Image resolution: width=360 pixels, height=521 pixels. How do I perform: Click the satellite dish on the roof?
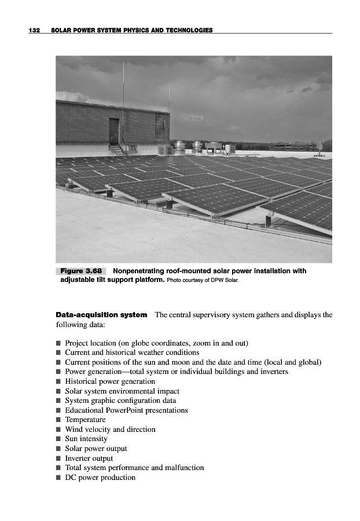click(x=319, y=145)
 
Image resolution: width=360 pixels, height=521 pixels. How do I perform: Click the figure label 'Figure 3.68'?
click(x=81, y=271)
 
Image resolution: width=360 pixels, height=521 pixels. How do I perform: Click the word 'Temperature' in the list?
click(x=85, y=420)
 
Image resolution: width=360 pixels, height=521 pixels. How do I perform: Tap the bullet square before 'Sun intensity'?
click(x=58, y=439)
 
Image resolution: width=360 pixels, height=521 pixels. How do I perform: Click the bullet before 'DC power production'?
click(x=58, y=478)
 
